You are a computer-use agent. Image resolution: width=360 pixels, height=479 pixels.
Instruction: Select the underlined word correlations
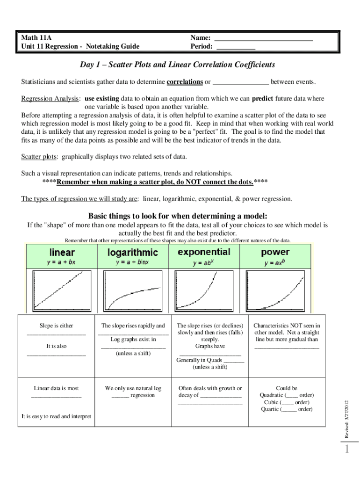coord(185,82)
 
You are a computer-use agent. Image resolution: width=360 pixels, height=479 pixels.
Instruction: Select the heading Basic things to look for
coord(178,216)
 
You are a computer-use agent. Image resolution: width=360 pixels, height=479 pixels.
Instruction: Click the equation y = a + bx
coord(61,262)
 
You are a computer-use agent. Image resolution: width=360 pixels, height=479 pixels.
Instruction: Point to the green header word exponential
coord(204,252)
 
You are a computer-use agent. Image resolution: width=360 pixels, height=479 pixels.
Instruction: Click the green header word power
coord(275,252)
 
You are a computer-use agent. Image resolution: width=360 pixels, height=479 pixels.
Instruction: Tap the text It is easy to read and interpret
coord(56,416)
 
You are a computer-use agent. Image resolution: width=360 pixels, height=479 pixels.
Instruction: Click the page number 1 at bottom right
coord(346,450)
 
